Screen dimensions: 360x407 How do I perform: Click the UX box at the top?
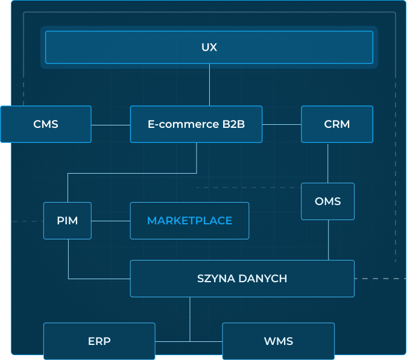tap(209, 47)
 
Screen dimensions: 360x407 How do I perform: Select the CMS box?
tap(46, 124)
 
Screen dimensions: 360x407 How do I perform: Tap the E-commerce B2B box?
tap(196, 124)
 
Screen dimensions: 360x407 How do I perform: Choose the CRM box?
tap(337, 124)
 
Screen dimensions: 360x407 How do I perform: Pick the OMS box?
tap(328, 201)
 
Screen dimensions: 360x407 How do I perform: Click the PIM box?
tap(68, 221)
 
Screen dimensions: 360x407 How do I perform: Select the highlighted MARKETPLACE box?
tap(189, 221)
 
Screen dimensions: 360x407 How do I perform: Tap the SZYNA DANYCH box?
tap(242, 279)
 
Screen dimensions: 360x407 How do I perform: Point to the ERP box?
tap(99, 341)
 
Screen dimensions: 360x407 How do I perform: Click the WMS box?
tap(278, 341)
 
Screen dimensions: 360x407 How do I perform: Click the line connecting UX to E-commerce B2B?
tap(209, 85)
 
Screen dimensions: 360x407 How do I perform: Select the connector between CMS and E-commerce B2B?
tap(111, 125)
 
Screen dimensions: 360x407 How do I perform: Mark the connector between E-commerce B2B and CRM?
tap(282, 125)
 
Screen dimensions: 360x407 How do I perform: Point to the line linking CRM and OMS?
tap(327, 163)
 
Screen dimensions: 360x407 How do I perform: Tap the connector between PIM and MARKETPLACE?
tap(111, 221)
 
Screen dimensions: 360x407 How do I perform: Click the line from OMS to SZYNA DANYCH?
tap(328, 240)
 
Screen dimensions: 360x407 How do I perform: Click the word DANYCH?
tap(263, 279)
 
